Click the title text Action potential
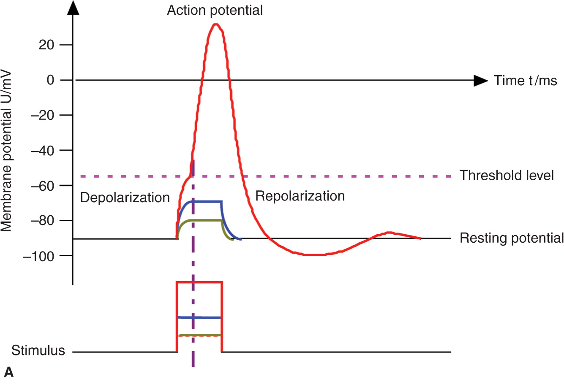215,10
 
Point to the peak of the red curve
216,24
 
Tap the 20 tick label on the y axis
46,45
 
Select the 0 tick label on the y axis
50,80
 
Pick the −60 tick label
43,186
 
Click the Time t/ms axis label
525,80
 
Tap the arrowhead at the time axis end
480,80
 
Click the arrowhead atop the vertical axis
74,8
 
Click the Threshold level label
507,175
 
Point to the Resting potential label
511,238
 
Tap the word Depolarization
125,198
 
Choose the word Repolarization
300,196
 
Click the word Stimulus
38,350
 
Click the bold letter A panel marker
9,372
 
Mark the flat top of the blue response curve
207,201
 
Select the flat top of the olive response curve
207,220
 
